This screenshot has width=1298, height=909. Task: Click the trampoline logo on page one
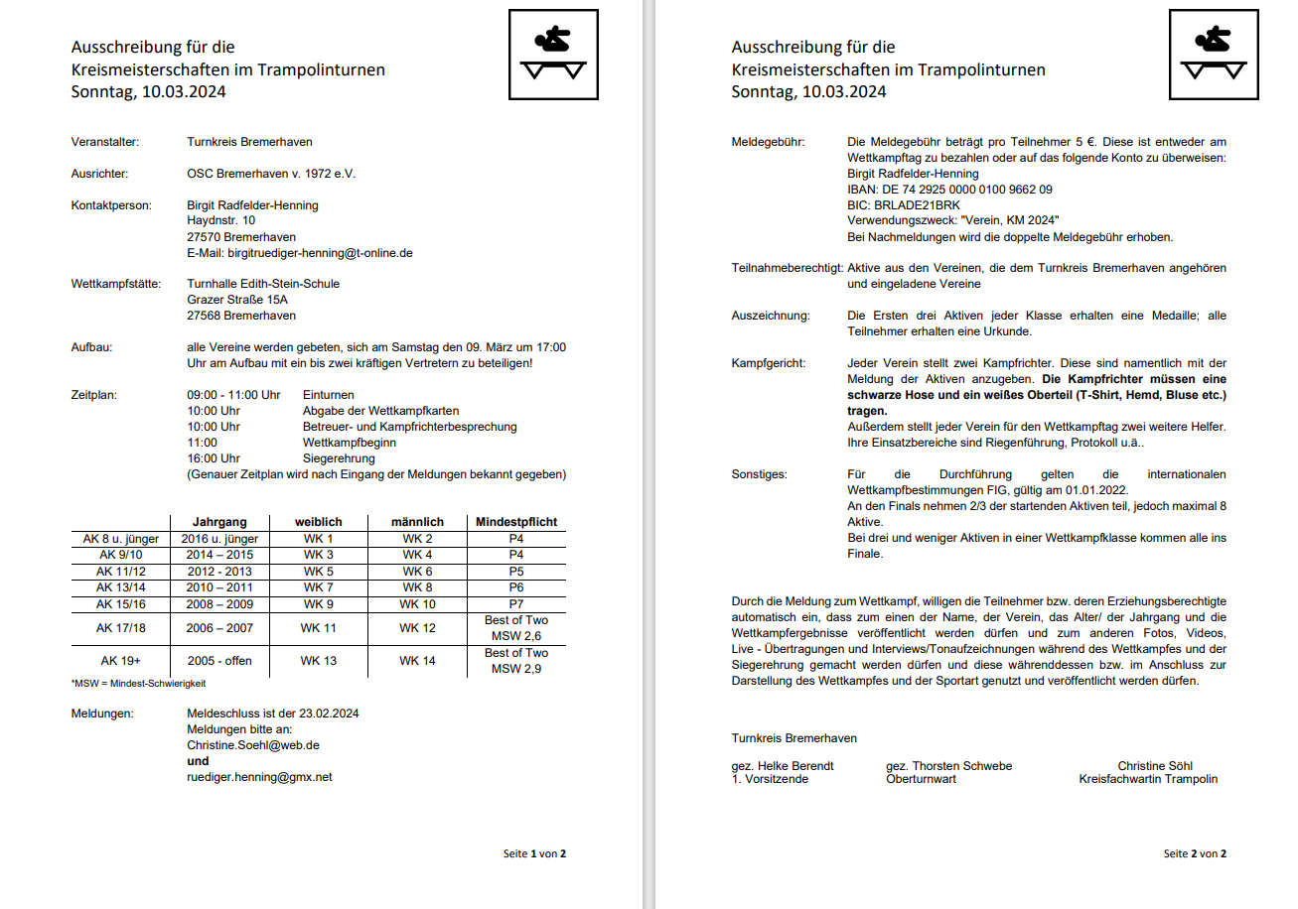tap(553, 55)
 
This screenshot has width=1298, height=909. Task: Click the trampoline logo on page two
tap(1213, 55)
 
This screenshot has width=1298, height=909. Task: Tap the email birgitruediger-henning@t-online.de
tap(299, 253)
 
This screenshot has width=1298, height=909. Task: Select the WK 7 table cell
tap(318, 587)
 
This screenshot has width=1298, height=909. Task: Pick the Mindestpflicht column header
tap(516, 522)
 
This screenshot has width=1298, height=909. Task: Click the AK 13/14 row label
tap(120, 587)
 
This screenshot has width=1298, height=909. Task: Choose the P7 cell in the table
tap(516, 604)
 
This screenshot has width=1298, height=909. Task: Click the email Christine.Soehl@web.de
tap(252, 745)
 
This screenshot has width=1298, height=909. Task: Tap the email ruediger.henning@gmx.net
tap(259, 777)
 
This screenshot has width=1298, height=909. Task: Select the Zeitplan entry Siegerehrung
tap(339, 458)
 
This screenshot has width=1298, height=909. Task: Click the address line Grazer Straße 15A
tap(237, 300)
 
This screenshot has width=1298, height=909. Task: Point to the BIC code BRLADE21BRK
tap(904, 205)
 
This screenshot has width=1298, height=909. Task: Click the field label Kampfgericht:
tap(768, 364)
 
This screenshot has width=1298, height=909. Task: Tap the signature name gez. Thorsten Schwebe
tap(948, 766)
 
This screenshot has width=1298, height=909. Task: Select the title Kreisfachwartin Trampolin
tap(1148, 779)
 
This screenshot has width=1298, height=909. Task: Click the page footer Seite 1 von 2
tap(534, 853)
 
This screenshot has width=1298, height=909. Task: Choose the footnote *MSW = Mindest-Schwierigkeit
tap(138, 684)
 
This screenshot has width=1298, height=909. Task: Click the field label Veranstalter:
tap(104, 142)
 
